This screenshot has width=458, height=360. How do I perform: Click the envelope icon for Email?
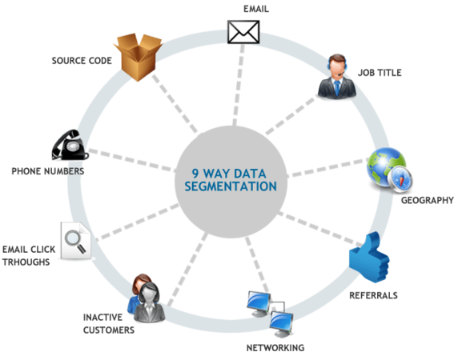(x=243, y=32)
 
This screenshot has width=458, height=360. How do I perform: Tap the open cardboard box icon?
(x=138, y=57)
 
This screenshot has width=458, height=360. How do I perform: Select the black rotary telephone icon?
(x=70, y=145)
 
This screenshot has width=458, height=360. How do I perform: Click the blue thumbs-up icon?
(x=369, y=257)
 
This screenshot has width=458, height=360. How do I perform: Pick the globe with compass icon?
(x=389, y=170)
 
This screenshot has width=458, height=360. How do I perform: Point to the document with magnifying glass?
(x=75, y=241)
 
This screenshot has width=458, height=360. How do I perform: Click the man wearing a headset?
(x=337, y=77)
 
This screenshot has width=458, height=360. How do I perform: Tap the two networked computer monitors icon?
(x=270, y=314)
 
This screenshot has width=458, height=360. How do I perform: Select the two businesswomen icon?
(x=146, y=298)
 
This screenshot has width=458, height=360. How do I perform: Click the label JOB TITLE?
(x=380, y=73)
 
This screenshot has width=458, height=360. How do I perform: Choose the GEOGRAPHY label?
(x=428, y=201)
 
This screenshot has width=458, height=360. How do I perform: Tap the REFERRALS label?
(x=374, y=295)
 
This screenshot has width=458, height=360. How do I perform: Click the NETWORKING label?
(x=275, y=348)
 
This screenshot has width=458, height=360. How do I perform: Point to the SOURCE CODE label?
(x=82, y=61)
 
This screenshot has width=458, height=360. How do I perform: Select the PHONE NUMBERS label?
(x=48, y=171)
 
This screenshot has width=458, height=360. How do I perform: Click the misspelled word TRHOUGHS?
(x=26, y=262)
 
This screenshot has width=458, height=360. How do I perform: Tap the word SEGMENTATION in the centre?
(x=231, y=186)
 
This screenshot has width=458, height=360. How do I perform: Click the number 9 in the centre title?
(x=195, y=174)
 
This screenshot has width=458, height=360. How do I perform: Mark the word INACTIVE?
(x=102, y=317)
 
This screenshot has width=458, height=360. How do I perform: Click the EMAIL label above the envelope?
(x=256, y=9)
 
